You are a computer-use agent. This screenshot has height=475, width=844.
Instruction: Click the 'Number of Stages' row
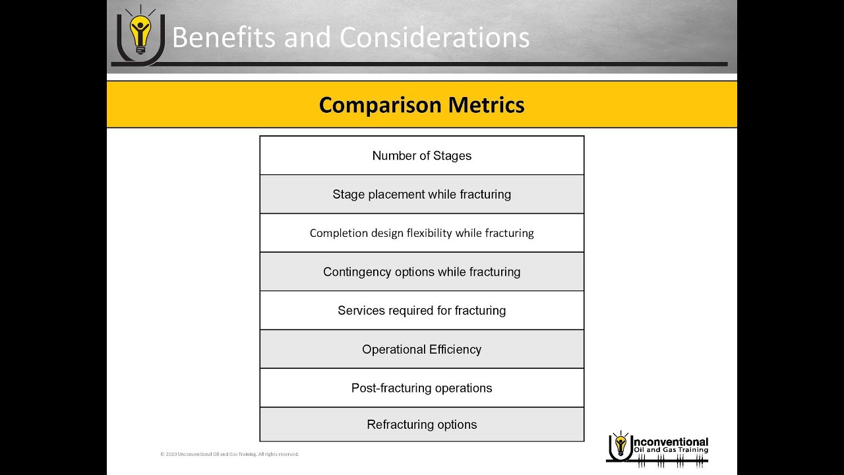coord(421,156)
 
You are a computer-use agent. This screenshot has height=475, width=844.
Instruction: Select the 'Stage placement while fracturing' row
coord(421,195)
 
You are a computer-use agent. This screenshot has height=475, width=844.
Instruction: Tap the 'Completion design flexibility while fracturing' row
coord(421,233)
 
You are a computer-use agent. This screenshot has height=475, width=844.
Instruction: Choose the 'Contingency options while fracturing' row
coord(421,272)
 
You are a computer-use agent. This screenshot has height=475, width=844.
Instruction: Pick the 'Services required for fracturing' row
coord(421,311)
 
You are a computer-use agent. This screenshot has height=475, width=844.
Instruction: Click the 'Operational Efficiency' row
coord(421,350)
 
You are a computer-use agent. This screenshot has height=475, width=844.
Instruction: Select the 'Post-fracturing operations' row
coord(421,388)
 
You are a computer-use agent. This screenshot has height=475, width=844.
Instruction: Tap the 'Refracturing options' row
coord(421,425)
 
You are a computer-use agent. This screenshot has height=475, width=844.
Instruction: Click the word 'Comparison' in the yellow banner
coord(380,106)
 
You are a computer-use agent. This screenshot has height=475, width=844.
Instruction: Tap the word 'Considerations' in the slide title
coord(435,38)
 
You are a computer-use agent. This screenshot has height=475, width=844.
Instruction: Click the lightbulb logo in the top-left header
coord(140,33)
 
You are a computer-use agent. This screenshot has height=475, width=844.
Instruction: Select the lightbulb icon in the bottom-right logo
coord(620,445)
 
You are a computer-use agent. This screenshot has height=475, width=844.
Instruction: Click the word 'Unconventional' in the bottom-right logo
coord(670,442)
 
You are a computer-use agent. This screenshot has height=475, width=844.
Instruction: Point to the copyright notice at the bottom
coord(229,454)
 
